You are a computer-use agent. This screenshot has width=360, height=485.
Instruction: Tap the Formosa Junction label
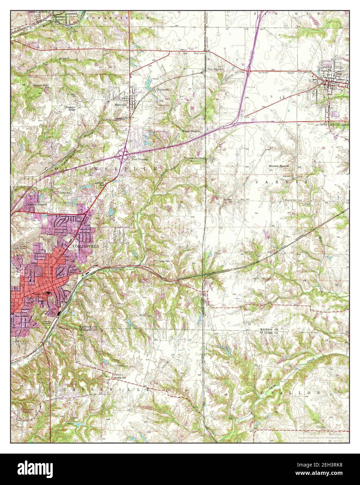click(194, 158)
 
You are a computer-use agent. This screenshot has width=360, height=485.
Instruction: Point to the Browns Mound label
click(278, 166)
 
